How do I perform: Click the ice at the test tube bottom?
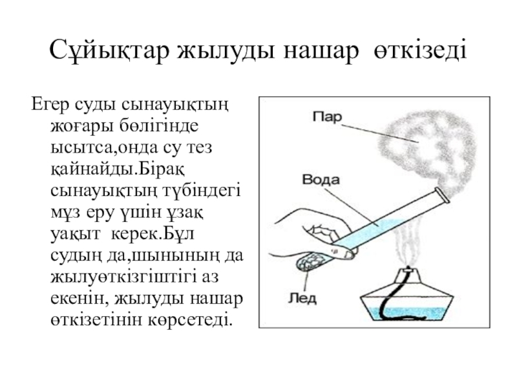[310, 263]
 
